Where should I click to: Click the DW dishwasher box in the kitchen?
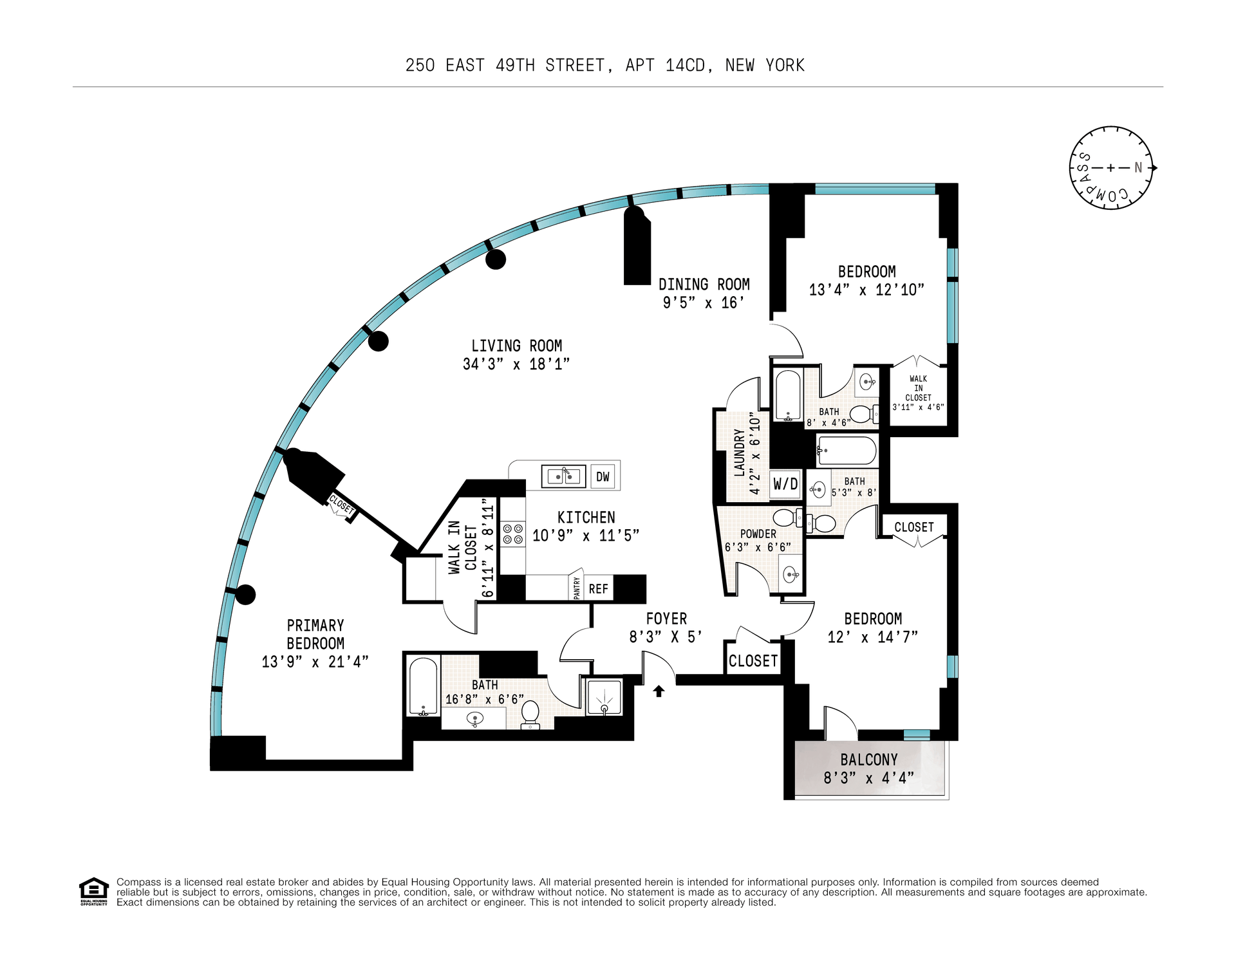coord(603,476)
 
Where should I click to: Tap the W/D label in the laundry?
coord(785,483)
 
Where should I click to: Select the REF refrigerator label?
coord(599,588)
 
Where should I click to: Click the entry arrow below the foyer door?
coord(659,691)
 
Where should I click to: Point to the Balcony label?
coord(869,760)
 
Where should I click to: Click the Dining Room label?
coord(704,284)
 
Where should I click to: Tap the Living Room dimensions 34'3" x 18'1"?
coord(516,364)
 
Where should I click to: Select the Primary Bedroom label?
coord(315,634)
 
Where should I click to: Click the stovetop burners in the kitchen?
coord(513,534)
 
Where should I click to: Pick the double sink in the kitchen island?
coord(563,476)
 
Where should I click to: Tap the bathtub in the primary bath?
coord(423,686)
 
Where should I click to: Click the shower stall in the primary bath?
coord(604,697)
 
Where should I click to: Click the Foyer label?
coord(666,619)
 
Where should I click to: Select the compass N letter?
coord(1138,167)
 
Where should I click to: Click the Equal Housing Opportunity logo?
coord(94,892)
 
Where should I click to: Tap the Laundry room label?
coord(740,453)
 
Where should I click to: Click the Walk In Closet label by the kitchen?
coord(462,547)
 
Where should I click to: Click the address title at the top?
coord(605,66)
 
